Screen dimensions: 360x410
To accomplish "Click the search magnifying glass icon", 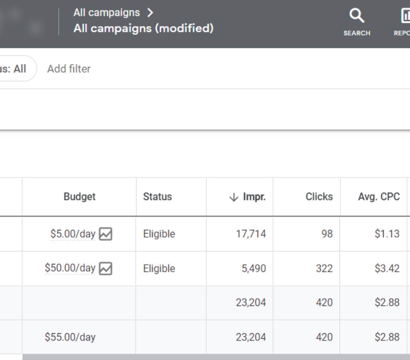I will click(356, 16).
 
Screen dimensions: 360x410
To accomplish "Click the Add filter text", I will click(69, 69).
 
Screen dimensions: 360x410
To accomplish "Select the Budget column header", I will click(80, 197).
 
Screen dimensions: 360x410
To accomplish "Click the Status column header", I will click(157, 197).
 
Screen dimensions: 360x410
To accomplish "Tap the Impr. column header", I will click(254, 197).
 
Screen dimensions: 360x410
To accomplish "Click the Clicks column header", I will click(319, 197).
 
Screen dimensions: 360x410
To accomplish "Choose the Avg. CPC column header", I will click(379, 197).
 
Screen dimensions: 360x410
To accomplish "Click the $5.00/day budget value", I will click(73, 233).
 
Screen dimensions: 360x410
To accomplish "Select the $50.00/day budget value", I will click(70, 268).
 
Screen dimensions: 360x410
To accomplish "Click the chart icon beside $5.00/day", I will click(106, 234).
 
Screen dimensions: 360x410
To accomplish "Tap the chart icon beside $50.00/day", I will click(106, 268).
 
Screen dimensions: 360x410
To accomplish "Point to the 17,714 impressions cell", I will click(251, 234).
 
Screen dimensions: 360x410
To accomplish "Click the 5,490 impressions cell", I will click(253, 268).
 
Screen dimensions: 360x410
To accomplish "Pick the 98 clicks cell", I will click(327, 234).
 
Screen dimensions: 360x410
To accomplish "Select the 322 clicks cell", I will click(324, 268).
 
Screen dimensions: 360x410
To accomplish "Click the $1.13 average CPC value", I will click(387, 234).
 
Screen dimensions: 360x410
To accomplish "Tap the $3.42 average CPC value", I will click(387, 268).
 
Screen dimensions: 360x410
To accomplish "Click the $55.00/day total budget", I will click(70, 337).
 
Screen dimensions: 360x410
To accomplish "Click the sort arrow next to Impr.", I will click(233, 197).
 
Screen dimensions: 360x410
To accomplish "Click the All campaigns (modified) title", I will click(143, 28).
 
